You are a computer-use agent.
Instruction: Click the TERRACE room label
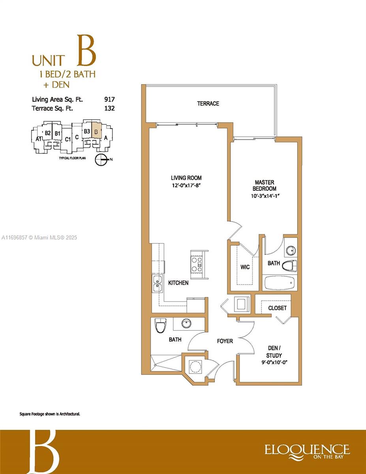pyautogui.click(x=208, y=103)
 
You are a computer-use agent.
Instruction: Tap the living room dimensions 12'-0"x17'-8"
pyautogui.click(x=186, y=186)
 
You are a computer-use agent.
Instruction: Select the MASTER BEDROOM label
pyautogui.click(x=265, y=185)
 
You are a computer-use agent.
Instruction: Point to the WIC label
pyautogui.click(x=245, y=267)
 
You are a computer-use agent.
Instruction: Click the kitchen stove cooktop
pyautogui.click(x=196, y=265)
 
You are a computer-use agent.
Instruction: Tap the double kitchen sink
pyautogui.click(x=157, y=284)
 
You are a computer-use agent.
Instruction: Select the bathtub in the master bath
pyautogui.click(x=280, y=283)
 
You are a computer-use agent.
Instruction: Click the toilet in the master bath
pyautogui.click(x=289, y=266)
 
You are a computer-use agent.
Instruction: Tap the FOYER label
pyautogui.click(x=225, y=341)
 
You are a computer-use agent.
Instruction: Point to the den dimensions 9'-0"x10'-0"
pyautogui.click(x=275, y=363)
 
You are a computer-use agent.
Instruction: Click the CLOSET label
pyautogui.click(x=277, y=308)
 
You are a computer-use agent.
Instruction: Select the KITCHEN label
pyautogui.click(x=178, y=283)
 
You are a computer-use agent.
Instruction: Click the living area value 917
pyautogui.click(x=109, y=100)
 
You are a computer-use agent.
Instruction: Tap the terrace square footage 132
pyautogui.click(x=109, y=108)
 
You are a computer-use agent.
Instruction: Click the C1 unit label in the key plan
pyautogui.click(x=68, y=139)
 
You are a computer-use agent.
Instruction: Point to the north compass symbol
pyautogui.click(x=101, y=160)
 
